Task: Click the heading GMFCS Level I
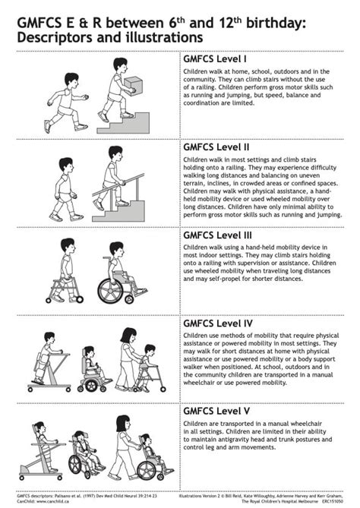point(215,58)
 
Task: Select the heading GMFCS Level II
point(216,147)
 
